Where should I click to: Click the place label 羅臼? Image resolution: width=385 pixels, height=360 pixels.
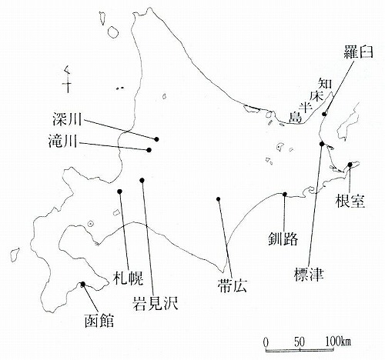click(358, 52)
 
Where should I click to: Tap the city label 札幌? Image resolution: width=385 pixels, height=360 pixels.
click(128, 278)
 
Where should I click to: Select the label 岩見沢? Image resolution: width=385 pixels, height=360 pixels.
click(155, 304)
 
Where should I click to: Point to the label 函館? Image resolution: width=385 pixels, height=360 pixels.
click(99, 321)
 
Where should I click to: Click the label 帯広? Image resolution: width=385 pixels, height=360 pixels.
click(232, 285)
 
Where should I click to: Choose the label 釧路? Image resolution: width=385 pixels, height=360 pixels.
click(283, 239)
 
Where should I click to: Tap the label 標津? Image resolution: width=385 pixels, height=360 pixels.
click(309, 275)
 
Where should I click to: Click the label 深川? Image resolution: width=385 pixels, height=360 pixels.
click(67, 119)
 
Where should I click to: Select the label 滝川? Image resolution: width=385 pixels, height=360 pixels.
click(63, 141)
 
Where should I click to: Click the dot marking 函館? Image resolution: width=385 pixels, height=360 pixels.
click(83, 284)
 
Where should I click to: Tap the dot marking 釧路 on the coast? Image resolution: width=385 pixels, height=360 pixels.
click(285, 194)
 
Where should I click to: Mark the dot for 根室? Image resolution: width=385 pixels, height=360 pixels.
click(350, 165)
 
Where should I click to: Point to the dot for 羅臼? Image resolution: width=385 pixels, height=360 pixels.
click(324, 114)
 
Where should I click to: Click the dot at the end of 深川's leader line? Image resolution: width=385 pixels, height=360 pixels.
click(156, 139)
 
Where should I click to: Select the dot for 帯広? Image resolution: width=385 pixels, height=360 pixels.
click(219, 199)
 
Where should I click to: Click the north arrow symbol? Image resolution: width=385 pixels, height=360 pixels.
click(68, 79)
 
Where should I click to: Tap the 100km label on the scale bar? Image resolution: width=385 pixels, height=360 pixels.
click(338, 342)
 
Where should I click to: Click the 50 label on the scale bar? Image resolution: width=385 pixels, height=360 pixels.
click(300, 342)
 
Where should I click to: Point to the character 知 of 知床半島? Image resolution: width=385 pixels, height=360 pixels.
click(325, 84)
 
